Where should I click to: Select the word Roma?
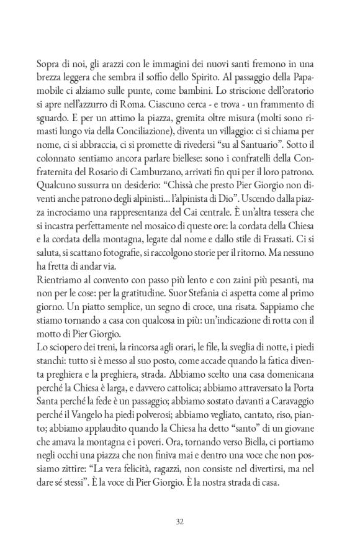(x=135, y=107)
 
